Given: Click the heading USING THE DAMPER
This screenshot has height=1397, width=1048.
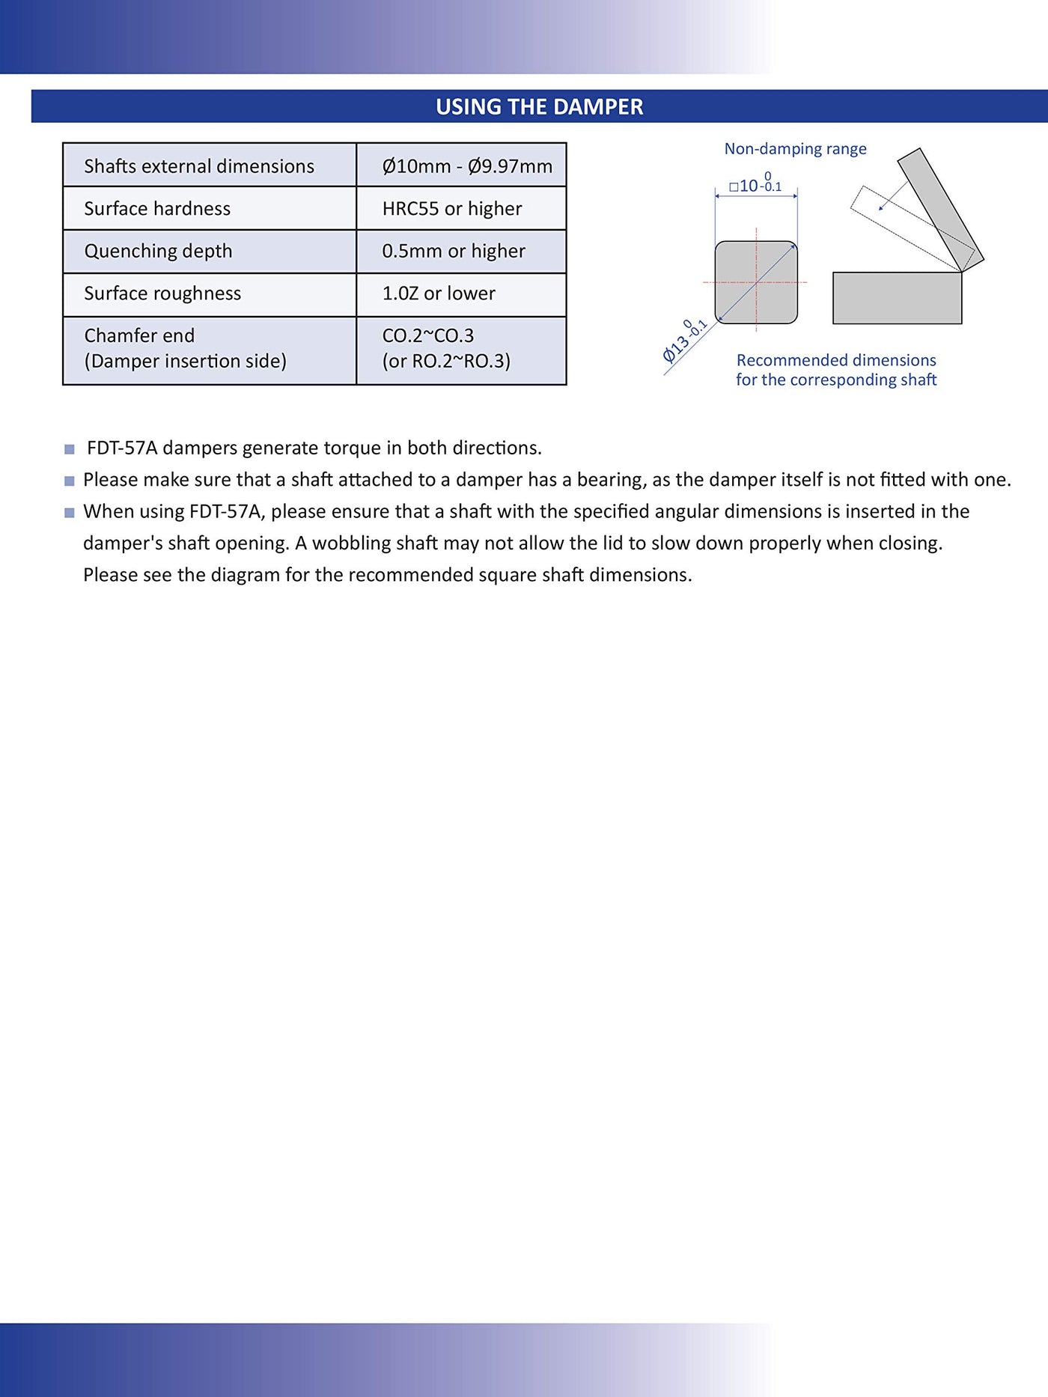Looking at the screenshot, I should tap(539, 107).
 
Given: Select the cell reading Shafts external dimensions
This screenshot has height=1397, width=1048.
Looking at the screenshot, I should tap(199, 166).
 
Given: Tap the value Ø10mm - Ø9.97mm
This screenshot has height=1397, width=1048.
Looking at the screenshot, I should tap(467, 166).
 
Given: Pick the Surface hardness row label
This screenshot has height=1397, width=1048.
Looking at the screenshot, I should tap(157, 209).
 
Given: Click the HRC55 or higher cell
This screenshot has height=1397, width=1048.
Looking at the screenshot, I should tap(452, 209).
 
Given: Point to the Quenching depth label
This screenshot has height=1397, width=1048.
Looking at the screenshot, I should tap(158, 252).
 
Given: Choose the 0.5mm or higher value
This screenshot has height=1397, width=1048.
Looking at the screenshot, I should tap(454, 252).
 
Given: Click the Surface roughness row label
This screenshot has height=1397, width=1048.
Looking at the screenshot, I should tap(162, 293).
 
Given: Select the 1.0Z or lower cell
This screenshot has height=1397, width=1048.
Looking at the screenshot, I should tap(439, 293).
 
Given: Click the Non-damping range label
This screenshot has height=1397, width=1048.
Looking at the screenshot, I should tap(795, 149).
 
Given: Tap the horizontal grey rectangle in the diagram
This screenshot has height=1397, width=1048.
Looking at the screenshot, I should tap(897, 298).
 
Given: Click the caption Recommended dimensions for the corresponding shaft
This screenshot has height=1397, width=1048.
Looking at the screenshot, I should tap(836, 370).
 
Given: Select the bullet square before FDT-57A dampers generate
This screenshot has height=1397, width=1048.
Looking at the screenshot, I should tap(70, 449).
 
